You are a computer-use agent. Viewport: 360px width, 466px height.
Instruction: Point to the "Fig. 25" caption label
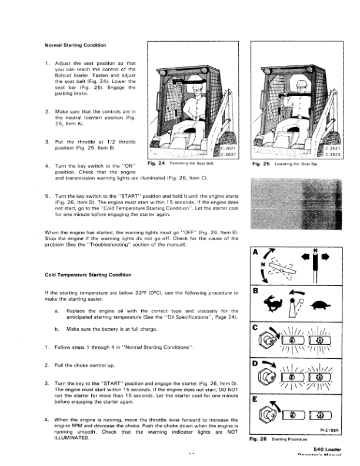pos(260,164)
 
